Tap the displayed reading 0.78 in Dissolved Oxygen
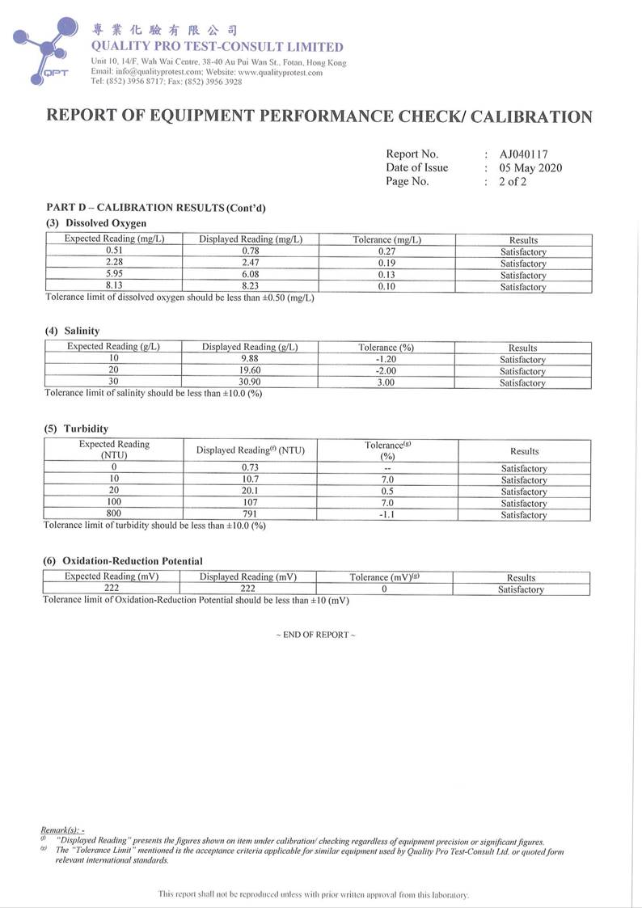coord(250,251)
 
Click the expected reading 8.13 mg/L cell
coord(114,286)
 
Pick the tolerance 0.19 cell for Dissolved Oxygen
coord(386,264)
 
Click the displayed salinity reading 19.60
coord(249,370)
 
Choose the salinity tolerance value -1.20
coord(386,359)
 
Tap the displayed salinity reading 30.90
coord(249,382)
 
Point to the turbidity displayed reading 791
coord(250,515)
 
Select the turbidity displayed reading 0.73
coord(250,469)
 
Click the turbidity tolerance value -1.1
coord(387,515)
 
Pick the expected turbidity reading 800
coord(114,515)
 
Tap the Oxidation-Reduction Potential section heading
coord(132,560)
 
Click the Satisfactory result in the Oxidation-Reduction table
coord(521,589)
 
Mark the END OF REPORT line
coord(315,635)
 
